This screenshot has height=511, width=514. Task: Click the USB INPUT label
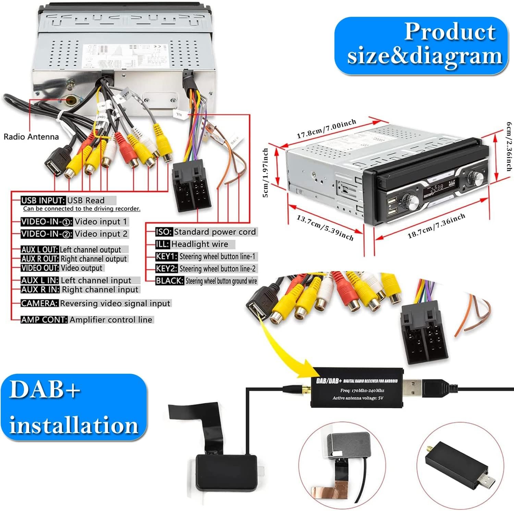coord(43,200)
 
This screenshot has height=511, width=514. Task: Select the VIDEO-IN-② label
coord(47,234)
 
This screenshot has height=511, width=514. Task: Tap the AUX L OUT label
coord(39,249)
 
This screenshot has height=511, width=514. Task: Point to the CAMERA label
coord(39,303)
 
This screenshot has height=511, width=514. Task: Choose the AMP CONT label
coord(44,320)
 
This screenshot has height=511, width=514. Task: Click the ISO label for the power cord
coord(164,232)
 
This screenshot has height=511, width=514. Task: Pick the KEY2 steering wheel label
coord(166,269)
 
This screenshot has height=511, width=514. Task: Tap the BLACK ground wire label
coord(170,281)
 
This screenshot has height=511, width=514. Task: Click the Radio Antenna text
coord(31,137)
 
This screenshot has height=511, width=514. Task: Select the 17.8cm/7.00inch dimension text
coord(326,129)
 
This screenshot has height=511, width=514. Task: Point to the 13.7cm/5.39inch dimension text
coord(325,228)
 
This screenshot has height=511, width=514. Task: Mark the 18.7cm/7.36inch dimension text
coord(436,226)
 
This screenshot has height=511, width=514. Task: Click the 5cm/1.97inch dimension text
coord(266,173)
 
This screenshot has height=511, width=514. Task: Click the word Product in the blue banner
coord(450,32)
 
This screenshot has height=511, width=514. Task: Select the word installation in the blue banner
coord(74,425)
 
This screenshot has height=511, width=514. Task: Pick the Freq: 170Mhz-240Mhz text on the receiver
coord(362,391)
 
